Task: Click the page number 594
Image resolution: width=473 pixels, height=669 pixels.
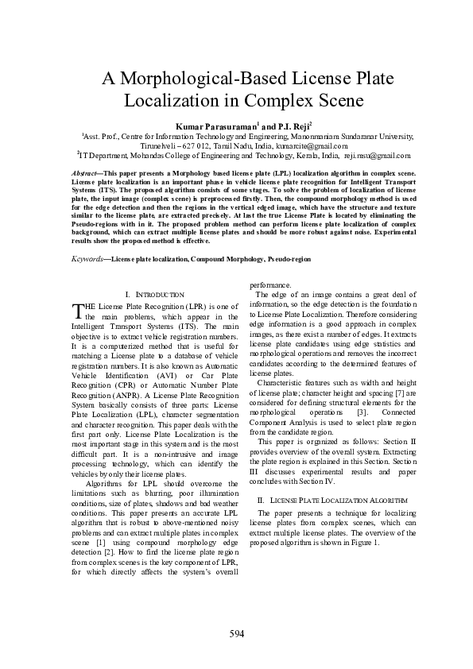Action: click(x=236, y=633)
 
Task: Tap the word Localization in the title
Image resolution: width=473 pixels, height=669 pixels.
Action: click(x=171, y=102)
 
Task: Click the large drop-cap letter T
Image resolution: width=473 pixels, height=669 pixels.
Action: click(x=77, y=309)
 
